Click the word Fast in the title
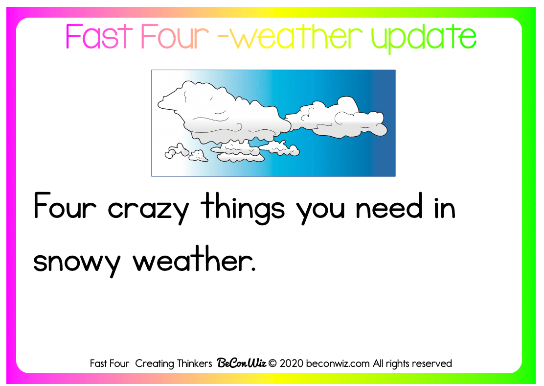click(99, 36)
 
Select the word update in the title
click(424, 39)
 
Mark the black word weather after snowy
click(194, 259)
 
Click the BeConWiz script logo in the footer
click(242, 363)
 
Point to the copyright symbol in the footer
click(272, 363)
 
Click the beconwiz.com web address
click(338, 363)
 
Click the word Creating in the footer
click(155, 364)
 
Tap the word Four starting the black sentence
click(65, 206)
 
